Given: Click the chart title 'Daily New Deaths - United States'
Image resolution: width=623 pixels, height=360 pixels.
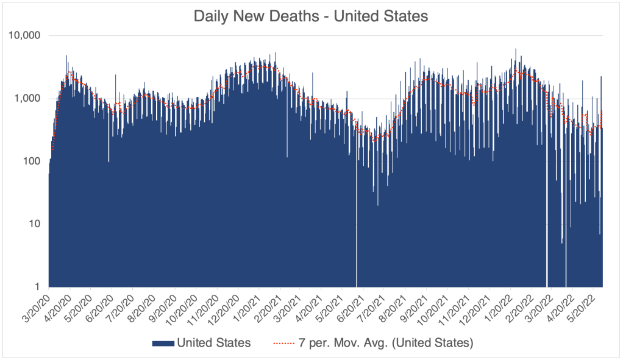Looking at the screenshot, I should click(x=311, y=16).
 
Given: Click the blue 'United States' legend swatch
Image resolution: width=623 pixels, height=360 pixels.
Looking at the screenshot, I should click(x=163, y=343).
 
